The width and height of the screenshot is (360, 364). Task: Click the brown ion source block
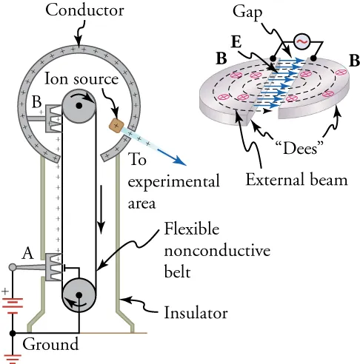coord(116,125)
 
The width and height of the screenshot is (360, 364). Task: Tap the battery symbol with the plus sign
coord(13,303)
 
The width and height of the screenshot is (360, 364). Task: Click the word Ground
coord(50,345)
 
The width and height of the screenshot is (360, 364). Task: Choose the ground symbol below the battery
coord(13,357)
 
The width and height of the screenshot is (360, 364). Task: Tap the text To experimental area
coord(174,181)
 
